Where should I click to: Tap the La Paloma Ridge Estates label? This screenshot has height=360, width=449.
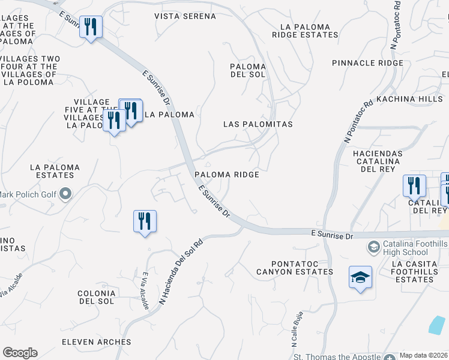(x=305, y=31)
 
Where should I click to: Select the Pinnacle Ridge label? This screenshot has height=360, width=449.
(x=367, y=63)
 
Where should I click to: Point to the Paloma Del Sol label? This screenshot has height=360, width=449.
(x=248, y=70)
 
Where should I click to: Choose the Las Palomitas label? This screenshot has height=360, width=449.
(x=258, y=124)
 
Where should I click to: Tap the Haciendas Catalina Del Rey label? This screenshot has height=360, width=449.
(x=377, y=161)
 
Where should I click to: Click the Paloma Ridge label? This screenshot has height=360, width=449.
(x=226, y=175)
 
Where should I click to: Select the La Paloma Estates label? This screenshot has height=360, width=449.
(x=55, y=171)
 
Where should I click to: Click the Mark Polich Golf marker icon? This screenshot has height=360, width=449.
(x=66, y=194)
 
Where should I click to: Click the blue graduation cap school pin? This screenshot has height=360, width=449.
(x=360, y=277)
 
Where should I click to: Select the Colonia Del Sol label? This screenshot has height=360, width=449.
(x=95, y=297)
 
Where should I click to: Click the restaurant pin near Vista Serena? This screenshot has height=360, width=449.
(x=91, y=27)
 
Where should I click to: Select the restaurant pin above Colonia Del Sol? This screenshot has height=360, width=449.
(x=145, y=221)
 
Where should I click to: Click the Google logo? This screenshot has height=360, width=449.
(x=20, y=353)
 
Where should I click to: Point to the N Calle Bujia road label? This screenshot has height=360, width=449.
(x=295, y=329)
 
